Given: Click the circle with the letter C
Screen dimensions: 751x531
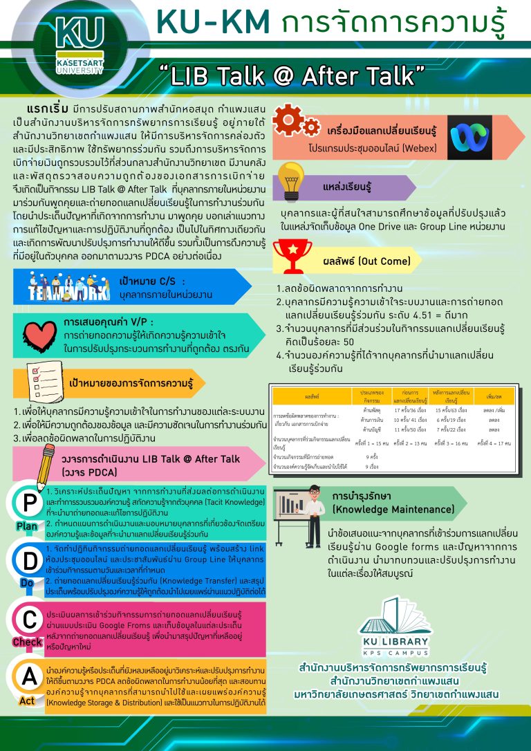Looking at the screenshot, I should tap(28, 618).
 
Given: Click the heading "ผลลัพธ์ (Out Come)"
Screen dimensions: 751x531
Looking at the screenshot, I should tap(377, 261).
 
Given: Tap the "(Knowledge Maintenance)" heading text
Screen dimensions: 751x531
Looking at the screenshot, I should tap(383, 510).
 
